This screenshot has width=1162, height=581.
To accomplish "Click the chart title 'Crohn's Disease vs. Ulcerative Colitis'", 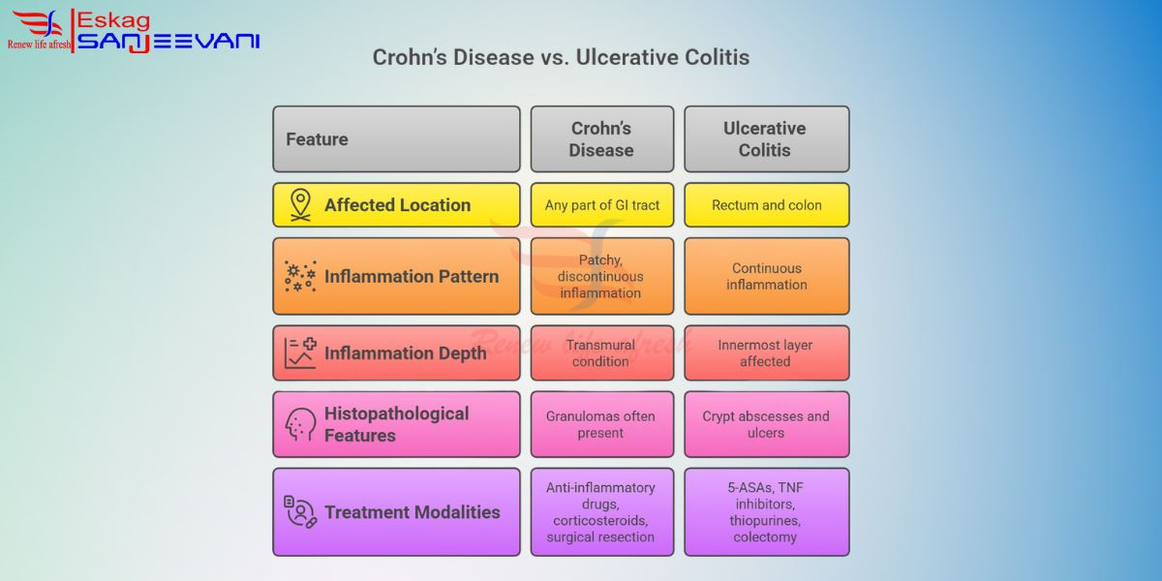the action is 561,57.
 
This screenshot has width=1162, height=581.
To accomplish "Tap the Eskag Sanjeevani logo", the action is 134,31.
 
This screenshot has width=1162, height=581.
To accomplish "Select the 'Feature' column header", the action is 396,139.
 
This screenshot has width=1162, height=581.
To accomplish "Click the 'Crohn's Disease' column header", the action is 601,139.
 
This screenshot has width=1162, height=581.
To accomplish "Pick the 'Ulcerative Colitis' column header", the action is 767,139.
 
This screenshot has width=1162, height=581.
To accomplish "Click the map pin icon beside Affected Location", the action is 300,205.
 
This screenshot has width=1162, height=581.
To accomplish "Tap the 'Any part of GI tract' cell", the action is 601,205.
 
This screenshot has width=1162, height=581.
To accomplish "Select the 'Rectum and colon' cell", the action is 767,205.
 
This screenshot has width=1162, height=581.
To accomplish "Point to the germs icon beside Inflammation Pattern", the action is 300,276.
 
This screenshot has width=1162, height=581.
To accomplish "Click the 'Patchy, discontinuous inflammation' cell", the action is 601,276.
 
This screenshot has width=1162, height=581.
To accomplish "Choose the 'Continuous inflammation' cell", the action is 767,276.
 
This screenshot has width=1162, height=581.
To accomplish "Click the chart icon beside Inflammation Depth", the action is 300,352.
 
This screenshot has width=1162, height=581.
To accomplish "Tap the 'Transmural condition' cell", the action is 601,352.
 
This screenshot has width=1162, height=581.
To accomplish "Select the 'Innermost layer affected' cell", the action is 767,352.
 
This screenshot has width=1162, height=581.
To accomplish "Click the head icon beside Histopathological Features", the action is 300,424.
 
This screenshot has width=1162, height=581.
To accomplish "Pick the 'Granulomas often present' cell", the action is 601,424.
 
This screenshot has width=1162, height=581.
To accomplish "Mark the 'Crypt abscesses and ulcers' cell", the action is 767,424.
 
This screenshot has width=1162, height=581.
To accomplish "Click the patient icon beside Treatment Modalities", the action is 300,512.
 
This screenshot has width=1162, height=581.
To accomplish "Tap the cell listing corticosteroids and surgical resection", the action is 601,512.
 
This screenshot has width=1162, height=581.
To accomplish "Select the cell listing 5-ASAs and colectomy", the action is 767,512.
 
